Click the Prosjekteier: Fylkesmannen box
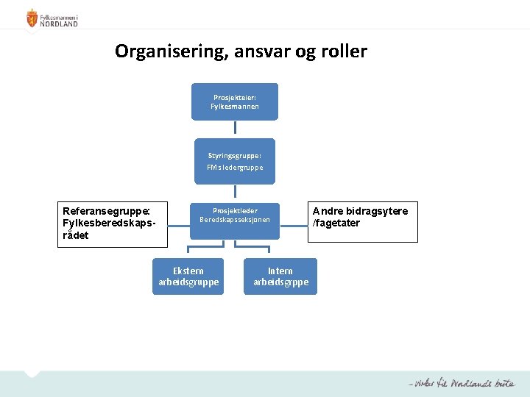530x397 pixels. tap(235, 101)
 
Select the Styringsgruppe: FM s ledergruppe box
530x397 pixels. tap(235, 161)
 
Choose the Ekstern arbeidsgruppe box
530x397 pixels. tap(188, 276)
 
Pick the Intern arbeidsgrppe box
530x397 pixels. tap(280, 276)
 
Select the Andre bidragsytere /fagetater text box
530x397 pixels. tap(362, 222)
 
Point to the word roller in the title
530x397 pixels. tap(342, 51)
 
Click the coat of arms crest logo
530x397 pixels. tap(32, 18)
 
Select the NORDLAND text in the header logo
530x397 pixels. tap(59, 23)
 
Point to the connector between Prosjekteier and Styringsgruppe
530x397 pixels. tap(235, 129)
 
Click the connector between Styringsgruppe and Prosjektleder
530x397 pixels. tap(235, 193)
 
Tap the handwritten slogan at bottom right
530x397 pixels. tap(462, 384)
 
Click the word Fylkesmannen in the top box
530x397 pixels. tap(235, 107)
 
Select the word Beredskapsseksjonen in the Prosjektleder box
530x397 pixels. tap(235, 220)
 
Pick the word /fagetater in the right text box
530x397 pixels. tap(336, 223)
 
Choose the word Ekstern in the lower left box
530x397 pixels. tap(188, 271)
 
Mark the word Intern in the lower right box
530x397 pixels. tap(280, 271)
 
